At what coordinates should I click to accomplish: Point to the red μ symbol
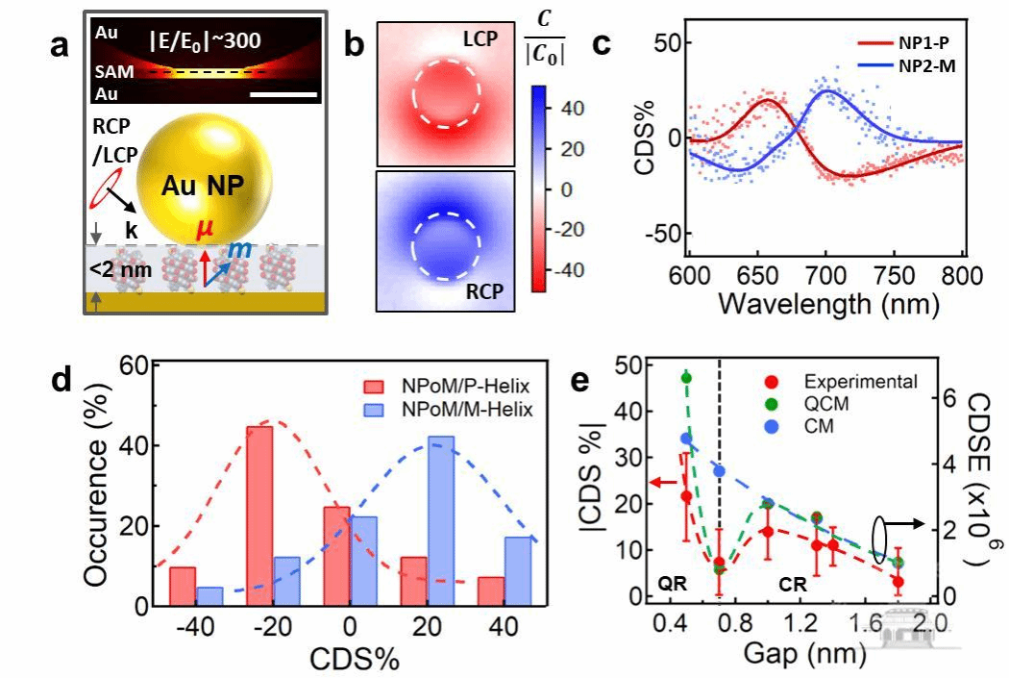coord(204,232)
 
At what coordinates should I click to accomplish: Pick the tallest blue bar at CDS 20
coord(440,521)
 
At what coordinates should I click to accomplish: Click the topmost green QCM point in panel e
coord(686,377)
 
